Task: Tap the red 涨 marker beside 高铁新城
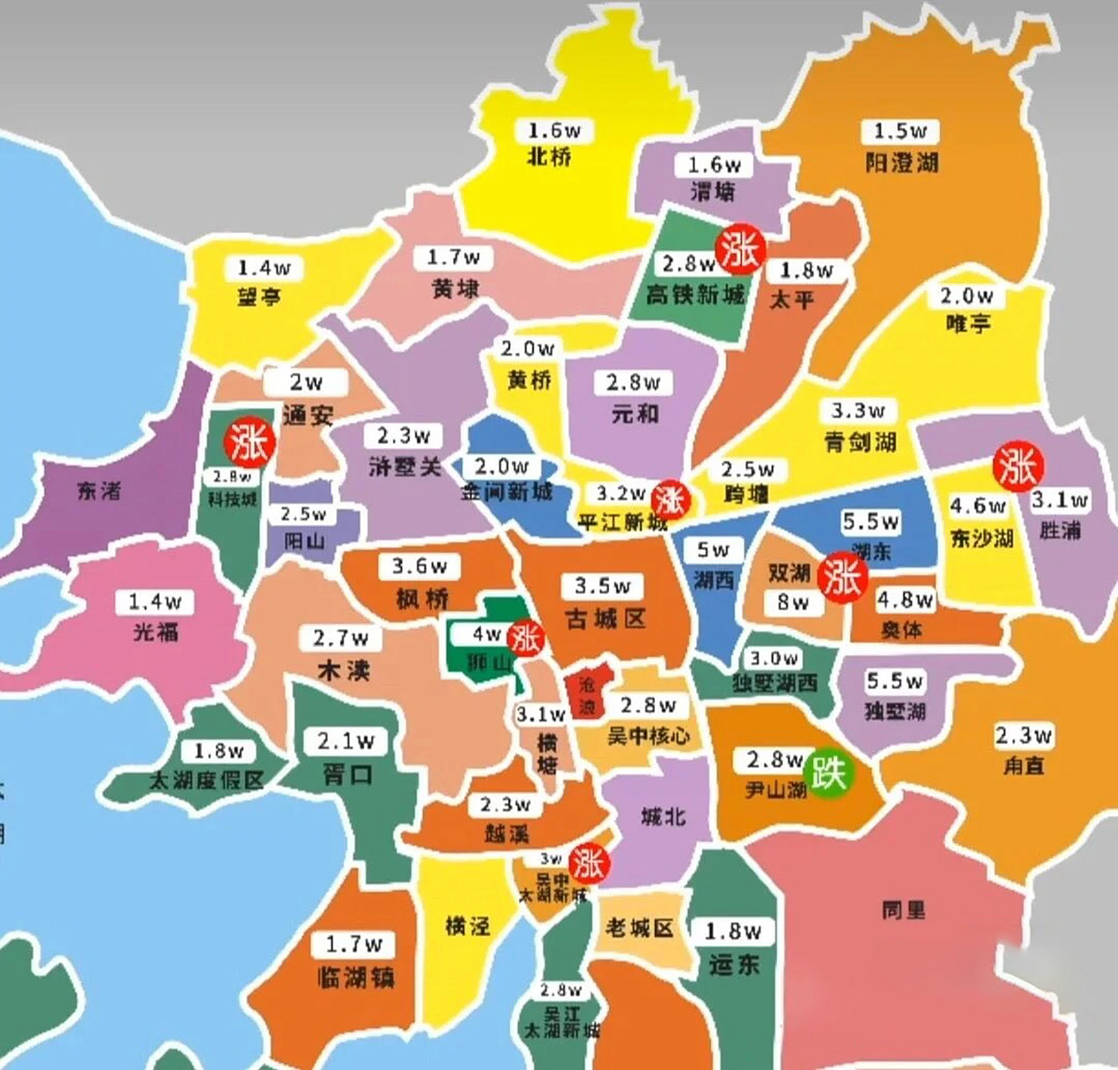(x=739, y=248)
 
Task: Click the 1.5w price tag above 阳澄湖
(x=900, y=131)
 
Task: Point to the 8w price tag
(x=791, y=602)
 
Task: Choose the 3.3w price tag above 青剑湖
(x=858, y=411)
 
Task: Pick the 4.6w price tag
(x=978, y=507)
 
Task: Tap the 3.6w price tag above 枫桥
(x=419, y=567)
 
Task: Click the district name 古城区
(x=605, y=619)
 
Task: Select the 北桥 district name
(x=550, y=156)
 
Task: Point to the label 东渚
(x=99, y=492)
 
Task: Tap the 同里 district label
(x=903, y=909)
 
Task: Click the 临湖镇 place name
(x=355, y=976)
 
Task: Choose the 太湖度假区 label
(x=206, y=780)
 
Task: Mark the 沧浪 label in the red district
(x=588, y=695)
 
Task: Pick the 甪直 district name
(x=1024, y=764)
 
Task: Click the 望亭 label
(x=259, y=296)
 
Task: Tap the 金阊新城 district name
(x=506, y=492)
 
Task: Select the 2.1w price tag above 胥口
(x=346, y=741)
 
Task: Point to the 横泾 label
(x=468, y=925)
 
